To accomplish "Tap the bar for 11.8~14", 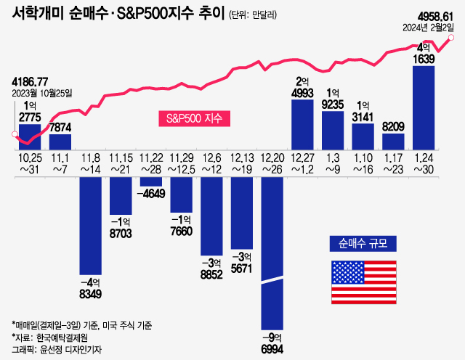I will tap(90, 218).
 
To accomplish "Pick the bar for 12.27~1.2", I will tap(302, 123).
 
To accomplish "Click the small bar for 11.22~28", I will tap(150, 181).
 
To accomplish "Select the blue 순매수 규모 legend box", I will tap(363, 242).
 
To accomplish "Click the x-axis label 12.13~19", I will tap(241, 163).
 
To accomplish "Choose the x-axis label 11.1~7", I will tap(60, 163).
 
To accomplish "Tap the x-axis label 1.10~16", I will tap(363, 163).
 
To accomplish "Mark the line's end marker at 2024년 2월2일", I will tap(453, 38).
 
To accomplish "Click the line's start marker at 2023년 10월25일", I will tap(15, 134).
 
